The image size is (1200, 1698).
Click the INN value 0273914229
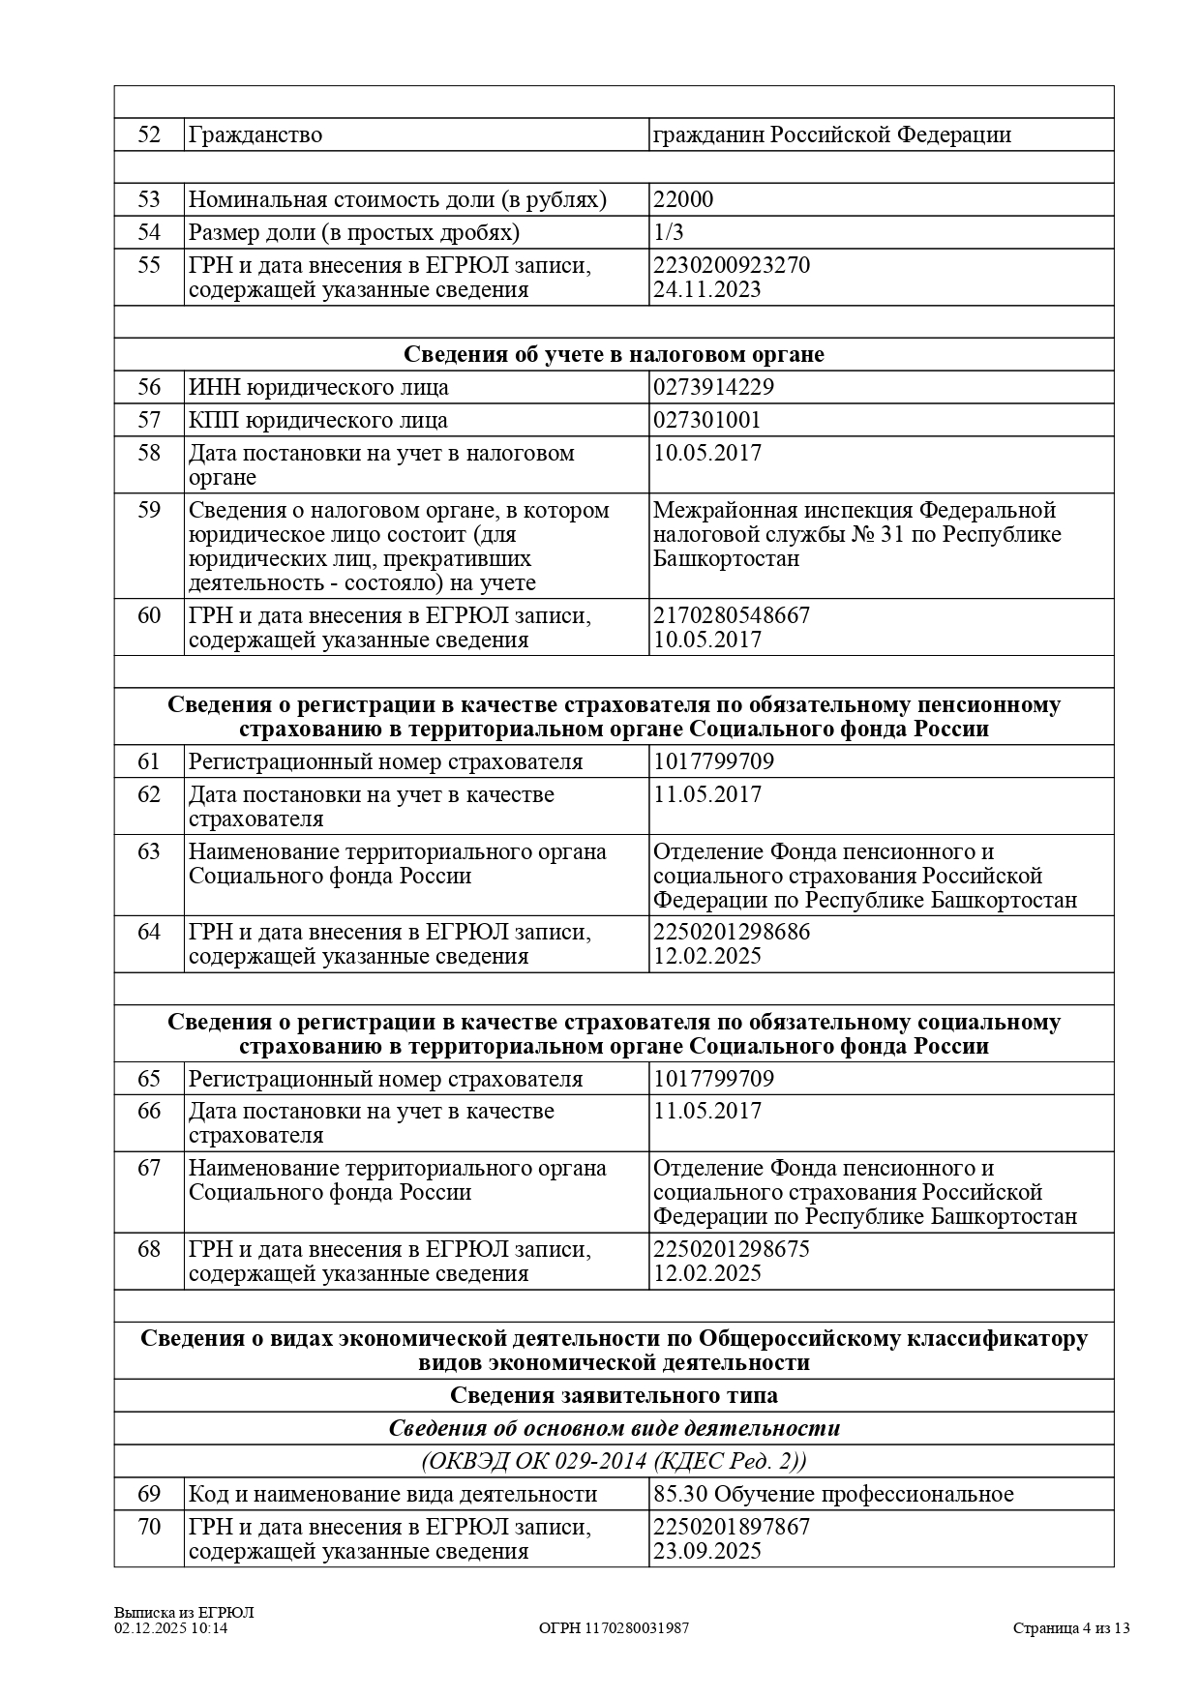[x=713, y=388]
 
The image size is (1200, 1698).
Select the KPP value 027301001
[x=706, y=421]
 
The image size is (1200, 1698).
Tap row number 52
[x=149, y=134]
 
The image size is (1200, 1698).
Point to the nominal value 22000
[x=683, y=200]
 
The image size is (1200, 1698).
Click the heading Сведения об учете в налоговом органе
[x=614, y=354]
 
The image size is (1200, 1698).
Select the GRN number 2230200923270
[x=732, y=265]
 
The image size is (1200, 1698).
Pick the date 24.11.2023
[x=706, y=289]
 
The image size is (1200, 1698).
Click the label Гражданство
[x=255, y=134]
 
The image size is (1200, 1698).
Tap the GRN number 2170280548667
[x=732, y=615]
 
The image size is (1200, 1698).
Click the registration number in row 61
[x=713, y=761]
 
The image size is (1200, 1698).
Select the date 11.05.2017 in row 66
[x=706, y=1111]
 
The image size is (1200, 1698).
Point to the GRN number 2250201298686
[x=732, y=932]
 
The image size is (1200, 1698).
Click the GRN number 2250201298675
[x=732, y=1249]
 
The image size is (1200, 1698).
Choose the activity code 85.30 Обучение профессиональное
[x=833, y=1494]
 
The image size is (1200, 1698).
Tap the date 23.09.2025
[x=706, y=1551]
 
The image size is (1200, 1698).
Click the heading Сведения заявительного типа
[x=614, y=1395]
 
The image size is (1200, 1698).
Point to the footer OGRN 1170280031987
[x=614, y=1628]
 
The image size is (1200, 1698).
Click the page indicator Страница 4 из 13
[x=1071, y=1628]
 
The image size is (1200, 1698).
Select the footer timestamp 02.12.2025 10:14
[x=171, y=1628]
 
